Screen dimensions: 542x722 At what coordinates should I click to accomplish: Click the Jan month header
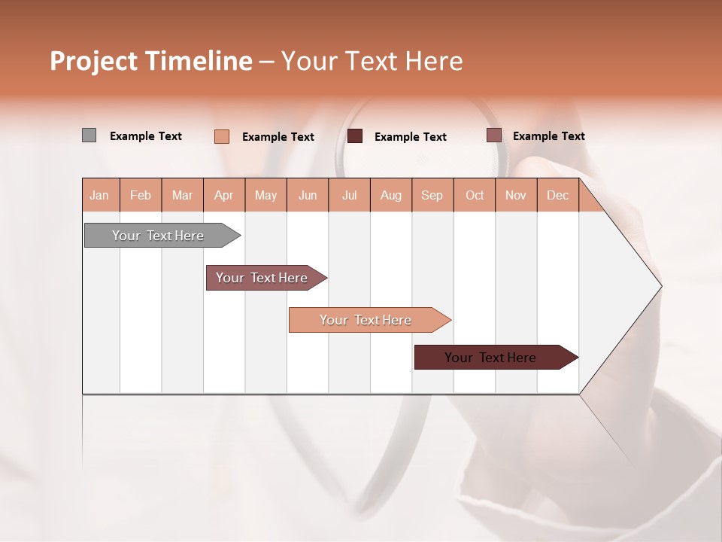point(99,195)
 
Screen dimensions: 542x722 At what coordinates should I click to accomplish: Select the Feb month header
point(141,195)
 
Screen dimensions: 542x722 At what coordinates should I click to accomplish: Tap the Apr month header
point(223,195)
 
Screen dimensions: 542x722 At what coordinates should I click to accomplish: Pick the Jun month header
point(308,195)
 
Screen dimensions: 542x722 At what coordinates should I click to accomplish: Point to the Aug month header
point(390,195)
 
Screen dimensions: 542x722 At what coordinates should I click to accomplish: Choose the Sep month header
point(432,195)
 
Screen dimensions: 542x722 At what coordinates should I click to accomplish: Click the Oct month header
point(475,195)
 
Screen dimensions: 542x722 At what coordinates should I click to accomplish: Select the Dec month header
point(557,195)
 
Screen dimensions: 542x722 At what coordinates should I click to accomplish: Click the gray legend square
point(89,135)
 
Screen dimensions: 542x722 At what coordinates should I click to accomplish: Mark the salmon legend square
point(221,136)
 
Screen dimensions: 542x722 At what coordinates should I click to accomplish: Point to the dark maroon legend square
point(355,136)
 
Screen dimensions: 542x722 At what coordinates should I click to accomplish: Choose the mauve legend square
point(493,135)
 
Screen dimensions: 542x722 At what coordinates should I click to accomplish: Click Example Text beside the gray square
point(146,136)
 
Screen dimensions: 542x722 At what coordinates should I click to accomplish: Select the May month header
point(265,195)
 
